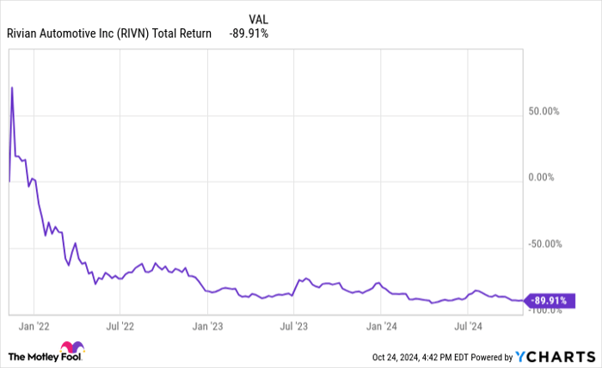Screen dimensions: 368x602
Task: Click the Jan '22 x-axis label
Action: [34, 327]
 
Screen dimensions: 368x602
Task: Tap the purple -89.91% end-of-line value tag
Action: [548, 301]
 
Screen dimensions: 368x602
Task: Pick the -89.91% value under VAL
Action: [249, 34]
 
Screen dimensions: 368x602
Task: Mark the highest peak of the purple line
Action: [11, 87]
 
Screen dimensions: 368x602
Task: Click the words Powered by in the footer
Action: [488, 357]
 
